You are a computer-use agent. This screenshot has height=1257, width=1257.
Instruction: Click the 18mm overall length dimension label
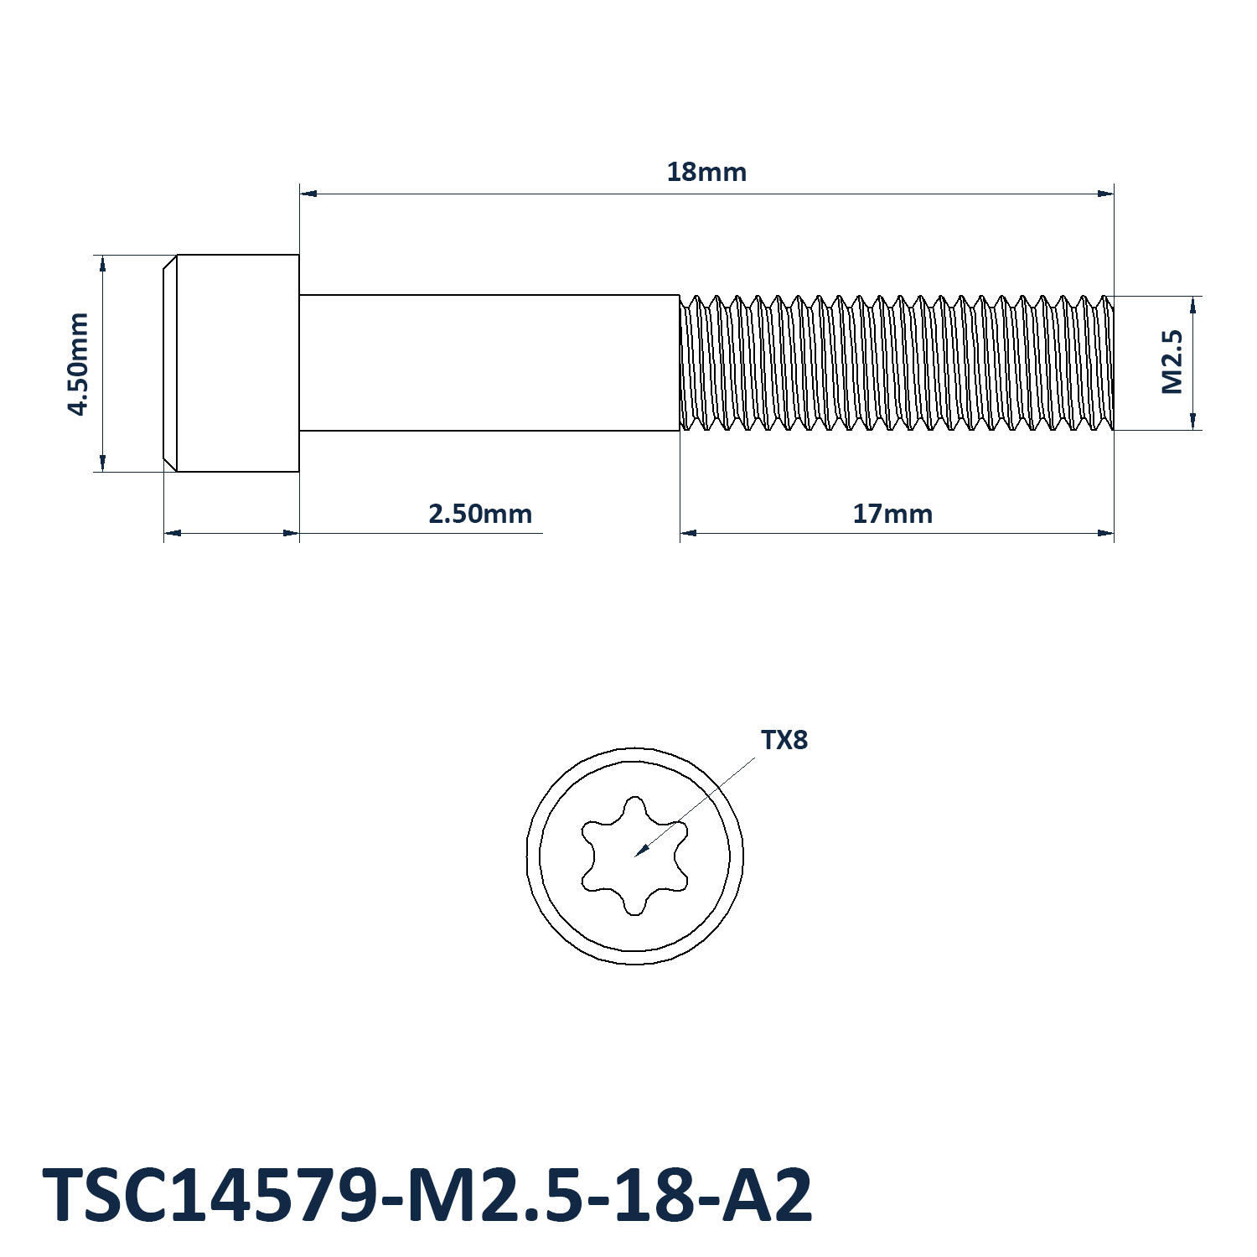tap(706, 172)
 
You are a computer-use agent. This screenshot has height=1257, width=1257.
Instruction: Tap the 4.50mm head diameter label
tap(79, 364)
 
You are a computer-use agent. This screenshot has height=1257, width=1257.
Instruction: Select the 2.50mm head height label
tap(480, 513)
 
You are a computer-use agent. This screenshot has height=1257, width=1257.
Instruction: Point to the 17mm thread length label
tap(892, 513)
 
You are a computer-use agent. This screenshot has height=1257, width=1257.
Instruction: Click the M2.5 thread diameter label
tap(1172, 362)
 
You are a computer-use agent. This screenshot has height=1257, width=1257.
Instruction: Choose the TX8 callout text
tap(784, 740)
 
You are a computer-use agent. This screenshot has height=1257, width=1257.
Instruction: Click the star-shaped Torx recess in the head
tap(635, 856)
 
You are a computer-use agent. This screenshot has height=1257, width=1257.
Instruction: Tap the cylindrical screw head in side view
tap(231, 363)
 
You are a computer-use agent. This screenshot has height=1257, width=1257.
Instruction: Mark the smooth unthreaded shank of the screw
tap(489, 363)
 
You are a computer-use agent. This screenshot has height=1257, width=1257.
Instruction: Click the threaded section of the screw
tap(897, 363)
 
